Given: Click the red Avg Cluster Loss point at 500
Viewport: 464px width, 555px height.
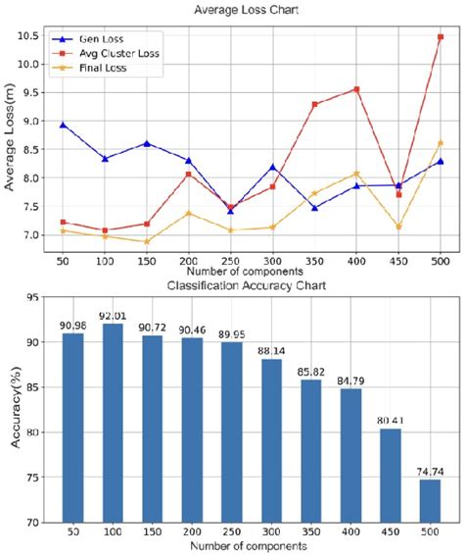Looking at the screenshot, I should [x=441, y=37].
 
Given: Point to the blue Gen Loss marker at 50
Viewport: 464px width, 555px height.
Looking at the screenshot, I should [x=63, y=125].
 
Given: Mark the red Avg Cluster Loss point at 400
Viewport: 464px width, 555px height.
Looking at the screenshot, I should [x=356, y=89].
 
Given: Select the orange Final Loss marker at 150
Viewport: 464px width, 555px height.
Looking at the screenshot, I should [x=147, y=241].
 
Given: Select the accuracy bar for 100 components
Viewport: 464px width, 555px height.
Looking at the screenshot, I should [x=114, y=422].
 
